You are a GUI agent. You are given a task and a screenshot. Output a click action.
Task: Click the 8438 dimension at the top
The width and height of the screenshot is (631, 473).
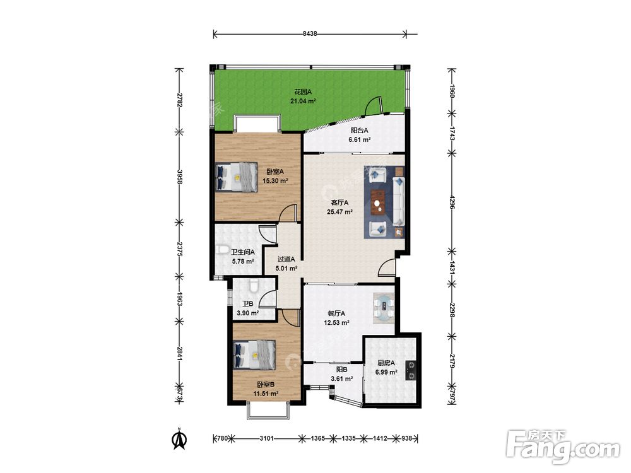pos(310,34)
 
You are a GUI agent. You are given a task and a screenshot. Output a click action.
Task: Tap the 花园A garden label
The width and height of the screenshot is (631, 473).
pos(303,91)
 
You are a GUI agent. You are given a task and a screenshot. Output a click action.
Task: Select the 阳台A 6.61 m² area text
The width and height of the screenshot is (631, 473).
pos(360,135)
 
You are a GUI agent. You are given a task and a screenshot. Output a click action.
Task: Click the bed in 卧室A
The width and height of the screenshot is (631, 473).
pos(236,177)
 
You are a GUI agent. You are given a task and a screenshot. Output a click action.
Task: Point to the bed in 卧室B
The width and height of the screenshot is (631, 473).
pos(254,354)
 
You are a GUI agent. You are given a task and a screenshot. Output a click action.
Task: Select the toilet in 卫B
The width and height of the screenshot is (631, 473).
pos(254,285)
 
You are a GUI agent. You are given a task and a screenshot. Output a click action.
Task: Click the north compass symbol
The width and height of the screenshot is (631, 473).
pos(179,438)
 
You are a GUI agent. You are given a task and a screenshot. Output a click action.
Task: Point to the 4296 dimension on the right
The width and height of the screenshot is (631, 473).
pos(452,202)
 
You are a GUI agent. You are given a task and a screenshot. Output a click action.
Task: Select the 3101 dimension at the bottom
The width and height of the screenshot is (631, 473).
pos(266,438)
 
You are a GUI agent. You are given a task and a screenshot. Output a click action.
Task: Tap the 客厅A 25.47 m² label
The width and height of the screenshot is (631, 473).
pos(339,207)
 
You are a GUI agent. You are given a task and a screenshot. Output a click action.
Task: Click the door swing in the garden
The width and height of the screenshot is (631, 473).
pos(372,105)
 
